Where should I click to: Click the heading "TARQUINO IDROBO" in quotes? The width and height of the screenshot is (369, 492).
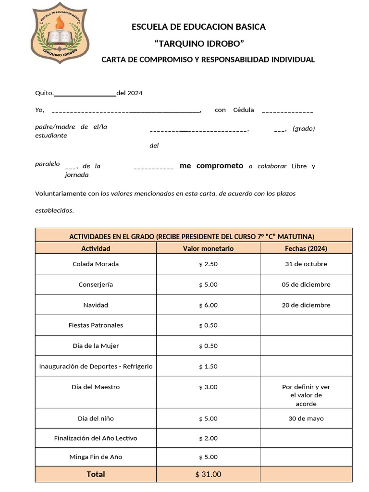pos(199,44)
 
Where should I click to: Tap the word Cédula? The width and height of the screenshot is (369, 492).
pos(244,110)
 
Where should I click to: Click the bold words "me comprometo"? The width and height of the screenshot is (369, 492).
pos(211,166)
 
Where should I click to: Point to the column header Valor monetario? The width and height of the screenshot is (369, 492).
pos(208,248)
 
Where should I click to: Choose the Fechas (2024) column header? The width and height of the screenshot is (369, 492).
pos(306,248)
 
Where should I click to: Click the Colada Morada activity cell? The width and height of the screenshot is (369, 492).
pos(96,264)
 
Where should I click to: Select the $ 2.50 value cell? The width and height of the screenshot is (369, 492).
pos(208,264)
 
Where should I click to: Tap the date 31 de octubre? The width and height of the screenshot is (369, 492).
pos(306,264)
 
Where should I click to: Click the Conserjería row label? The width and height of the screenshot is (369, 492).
pos(96,284)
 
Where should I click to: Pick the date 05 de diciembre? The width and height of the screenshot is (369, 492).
pos(306,284)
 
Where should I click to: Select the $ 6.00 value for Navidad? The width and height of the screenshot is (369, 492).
pos(208,305)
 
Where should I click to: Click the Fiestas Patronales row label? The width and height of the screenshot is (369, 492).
pos(96,325)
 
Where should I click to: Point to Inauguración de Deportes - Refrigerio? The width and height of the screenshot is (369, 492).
pos(96,366)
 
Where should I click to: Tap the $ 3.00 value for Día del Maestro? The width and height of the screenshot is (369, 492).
pos(208,387)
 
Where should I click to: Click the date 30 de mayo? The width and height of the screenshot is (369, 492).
pos(306,418)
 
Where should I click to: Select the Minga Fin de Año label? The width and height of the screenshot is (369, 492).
pos(96,457)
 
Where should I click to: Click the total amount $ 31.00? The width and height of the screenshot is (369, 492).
pos(208,474)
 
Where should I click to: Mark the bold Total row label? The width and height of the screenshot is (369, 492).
pos(96,474)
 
